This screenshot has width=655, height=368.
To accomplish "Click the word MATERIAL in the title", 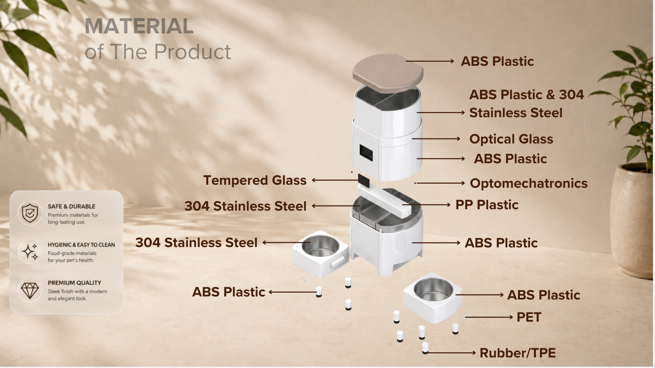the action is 139,26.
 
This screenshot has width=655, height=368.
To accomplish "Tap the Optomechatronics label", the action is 529,183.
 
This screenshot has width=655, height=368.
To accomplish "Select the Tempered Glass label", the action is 255,180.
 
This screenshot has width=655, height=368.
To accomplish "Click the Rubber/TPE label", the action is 518,353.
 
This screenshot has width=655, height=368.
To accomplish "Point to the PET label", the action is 529,317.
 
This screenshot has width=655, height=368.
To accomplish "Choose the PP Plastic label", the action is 487,205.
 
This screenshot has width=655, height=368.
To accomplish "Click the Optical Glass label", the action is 511,139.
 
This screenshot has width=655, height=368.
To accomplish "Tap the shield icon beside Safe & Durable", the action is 30,213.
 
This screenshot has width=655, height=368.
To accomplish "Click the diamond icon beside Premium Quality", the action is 30,290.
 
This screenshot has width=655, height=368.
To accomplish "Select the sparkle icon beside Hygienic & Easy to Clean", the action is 30,252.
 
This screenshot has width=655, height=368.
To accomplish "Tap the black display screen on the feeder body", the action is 366,153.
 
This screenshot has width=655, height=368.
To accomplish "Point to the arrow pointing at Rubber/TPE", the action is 452,353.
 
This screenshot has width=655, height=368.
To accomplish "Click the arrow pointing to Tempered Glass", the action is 336,180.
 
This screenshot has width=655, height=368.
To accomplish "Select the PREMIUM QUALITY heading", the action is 74,283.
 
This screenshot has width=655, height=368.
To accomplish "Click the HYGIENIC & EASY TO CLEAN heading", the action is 81,245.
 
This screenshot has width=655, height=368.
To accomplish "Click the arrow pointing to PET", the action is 489,317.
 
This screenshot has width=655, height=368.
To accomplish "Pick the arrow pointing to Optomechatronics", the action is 440,183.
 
